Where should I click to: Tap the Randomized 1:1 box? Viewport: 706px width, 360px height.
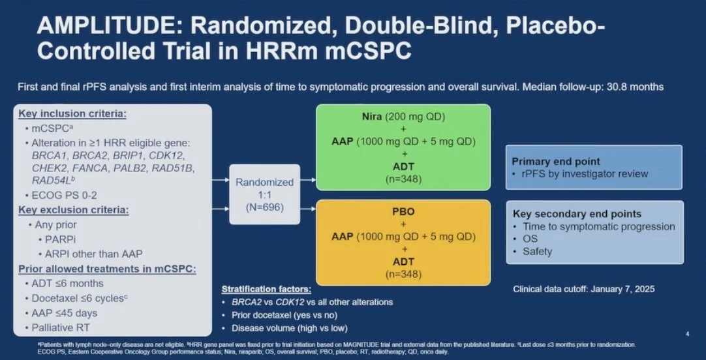tap(264, 194)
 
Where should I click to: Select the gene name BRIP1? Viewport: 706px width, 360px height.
tap(132, 157)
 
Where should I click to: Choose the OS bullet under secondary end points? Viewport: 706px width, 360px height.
tap(530, 239)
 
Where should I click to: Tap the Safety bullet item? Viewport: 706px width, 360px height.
tap(537, 251)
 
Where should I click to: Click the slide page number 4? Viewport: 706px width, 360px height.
tap(687, 334)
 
